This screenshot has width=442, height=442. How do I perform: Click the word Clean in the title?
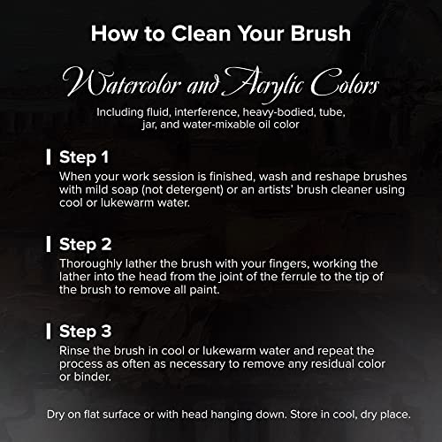[x=201, y=34]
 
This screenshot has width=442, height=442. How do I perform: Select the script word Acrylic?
[x=263, y=84]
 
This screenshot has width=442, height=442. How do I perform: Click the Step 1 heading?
[x=84, y=157]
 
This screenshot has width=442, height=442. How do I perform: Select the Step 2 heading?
[x=86, y=245]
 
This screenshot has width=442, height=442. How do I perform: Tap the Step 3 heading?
[x=86, y=331]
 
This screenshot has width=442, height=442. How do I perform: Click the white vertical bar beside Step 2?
[x=49, y=244]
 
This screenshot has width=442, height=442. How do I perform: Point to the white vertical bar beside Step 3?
[x=49, y=331]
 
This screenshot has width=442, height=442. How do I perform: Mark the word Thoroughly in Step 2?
[x=91, y=263]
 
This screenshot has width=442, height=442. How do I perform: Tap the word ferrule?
[x=298, y=277]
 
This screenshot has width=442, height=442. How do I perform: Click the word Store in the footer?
[x=304, y=415]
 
